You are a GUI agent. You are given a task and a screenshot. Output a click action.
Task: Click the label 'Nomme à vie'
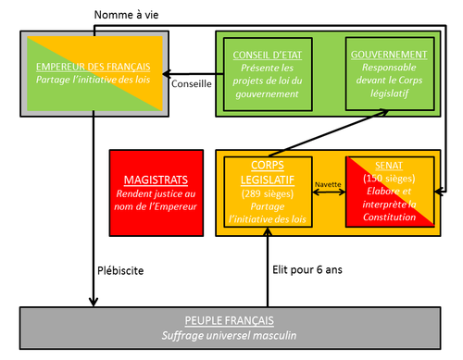click(126, 15)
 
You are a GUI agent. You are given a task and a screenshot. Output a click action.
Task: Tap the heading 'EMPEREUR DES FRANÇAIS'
click(94, 67)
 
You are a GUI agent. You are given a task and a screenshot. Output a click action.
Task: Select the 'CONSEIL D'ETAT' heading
click(268, 55)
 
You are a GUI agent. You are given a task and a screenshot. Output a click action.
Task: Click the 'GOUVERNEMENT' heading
click(389, 55)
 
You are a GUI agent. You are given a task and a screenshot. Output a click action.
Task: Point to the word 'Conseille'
click(192, 84)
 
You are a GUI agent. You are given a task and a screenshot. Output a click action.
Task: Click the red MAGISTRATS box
click(156, 193)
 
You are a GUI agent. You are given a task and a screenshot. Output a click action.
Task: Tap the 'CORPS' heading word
click(268, 165)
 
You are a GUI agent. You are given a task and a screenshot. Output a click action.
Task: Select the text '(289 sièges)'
click(268, 193)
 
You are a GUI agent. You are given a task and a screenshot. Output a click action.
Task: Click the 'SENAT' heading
click(389, 166)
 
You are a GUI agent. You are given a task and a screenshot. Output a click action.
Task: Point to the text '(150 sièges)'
click(389, 179)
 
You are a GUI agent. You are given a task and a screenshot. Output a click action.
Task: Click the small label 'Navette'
click(328, 184)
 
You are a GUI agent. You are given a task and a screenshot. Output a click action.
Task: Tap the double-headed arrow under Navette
click(329, 192)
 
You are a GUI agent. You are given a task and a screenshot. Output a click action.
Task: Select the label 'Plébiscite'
click(120, 271)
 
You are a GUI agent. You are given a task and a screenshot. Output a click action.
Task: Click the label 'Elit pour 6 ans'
click(307, 270)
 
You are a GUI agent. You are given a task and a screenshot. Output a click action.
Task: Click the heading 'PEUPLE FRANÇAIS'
click(230, 320)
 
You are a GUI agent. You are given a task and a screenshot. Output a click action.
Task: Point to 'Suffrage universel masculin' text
click(229, 335)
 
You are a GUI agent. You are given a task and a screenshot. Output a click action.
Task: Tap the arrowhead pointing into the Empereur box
click(167, 74)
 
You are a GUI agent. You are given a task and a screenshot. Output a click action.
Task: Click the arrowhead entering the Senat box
click(439, 192)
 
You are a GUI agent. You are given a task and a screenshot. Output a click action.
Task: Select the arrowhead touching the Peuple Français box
click(94, 302)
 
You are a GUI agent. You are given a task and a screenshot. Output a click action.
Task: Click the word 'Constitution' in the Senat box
click(389, 217)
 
